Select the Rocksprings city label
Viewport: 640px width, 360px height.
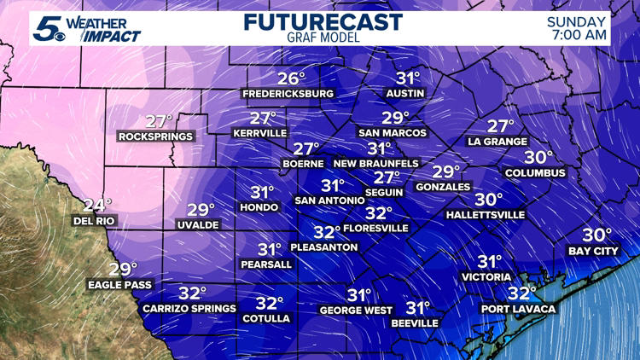156,136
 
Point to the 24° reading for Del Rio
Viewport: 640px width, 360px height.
98,205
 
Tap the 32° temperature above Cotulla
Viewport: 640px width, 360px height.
270,303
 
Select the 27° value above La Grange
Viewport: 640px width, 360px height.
501,125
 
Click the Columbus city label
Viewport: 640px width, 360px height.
535,173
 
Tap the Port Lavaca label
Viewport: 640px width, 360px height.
517,309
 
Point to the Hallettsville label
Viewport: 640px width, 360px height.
486,215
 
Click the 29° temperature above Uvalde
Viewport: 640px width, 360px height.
201,210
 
